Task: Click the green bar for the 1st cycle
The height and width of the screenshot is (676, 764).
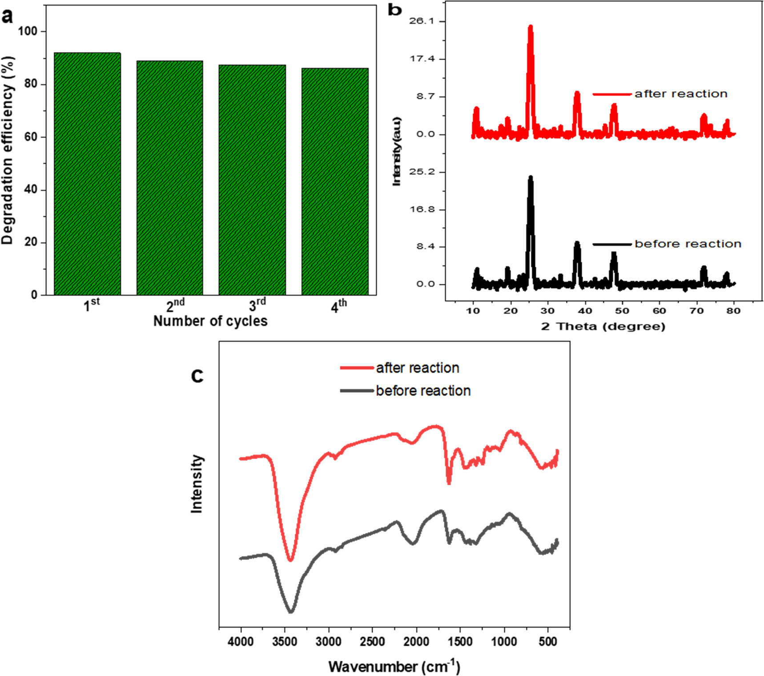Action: tap(87, 173)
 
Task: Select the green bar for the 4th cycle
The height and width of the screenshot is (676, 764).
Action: tap(335, 181)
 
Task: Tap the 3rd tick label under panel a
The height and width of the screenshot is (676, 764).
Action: tap(257, 305)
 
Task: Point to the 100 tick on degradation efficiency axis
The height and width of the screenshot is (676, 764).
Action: tap(28, 31)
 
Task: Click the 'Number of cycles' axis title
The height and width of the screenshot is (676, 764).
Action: tap(210, 321)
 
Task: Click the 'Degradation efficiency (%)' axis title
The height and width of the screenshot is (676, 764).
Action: tap(8, 150)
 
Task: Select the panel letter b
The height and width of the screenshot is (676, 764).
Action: tap(394, 10)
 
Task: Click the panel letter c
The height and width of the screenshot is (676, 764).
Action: tap(197, 375)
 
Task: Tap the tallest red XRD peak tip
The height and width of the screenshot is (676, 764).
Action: tap(530, 27)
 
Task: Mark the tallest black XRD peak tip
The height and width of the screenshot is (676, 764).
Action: tap(530, 177)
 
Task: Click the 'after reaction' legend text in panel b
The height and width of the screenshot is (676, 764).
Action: tap(681, 94)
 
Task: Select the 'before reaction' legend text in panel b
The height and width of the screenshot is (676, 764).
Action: tap(688, 244)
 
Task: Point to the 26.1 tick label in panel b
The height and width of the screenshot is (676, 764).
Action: tap(421, 21)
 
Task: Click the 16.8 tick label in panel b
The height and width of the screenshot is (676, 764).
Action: tap(422, 209)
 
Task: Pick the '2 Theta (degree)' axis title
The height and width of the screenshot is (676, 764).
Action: tap(603, 326)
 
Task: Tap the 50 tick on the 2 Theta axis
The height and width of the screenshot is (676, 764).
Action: tap(622, 310)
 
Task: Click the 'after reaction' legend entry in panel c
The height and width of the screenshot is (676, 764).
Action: tap(417, 368)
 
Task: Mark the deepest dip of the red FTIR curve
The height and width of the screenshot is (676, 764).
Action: tap(290, 560)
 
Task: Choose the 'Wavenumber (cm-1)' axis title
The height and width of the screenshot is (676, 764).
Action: tap(394, 666)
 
